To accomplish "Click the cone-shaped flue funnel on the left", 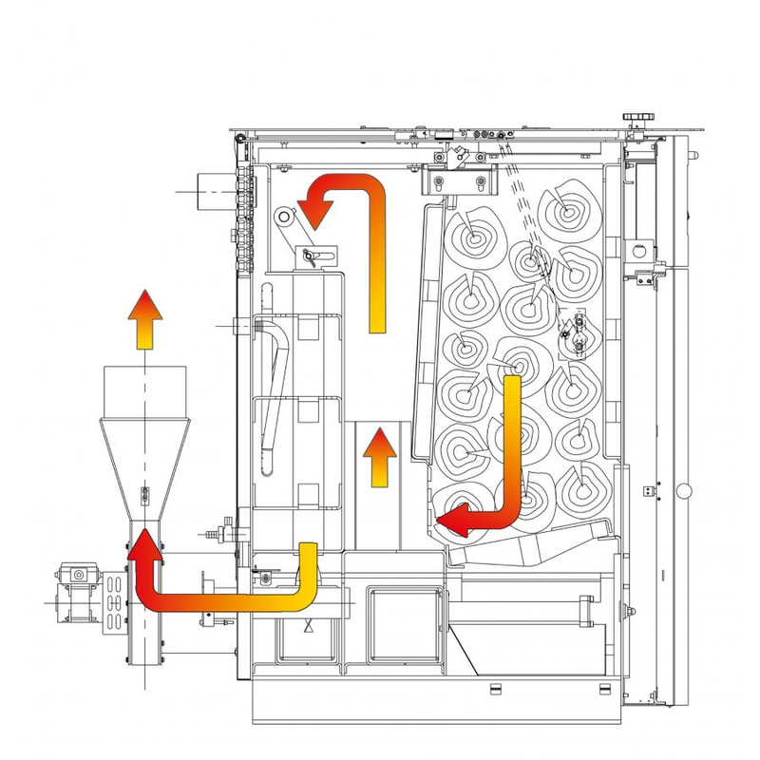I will coord(144,465).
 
